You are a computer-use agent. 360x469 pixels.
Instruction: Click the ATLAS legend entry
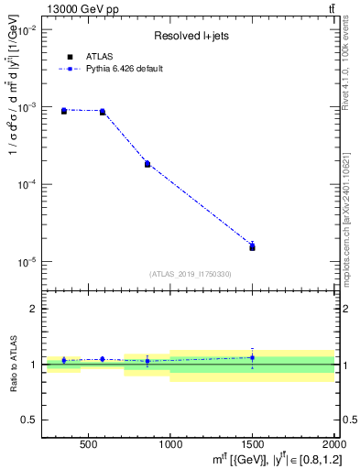[98, 56]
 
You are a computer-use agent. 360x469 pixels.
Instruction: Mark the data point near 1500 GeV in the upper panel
[252, 247]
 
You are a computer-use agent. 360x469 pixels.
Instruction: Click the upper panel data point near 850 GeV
[147, 164]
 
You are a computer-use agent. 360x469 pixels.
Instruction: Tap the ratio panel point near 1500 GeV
[252, 357]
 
